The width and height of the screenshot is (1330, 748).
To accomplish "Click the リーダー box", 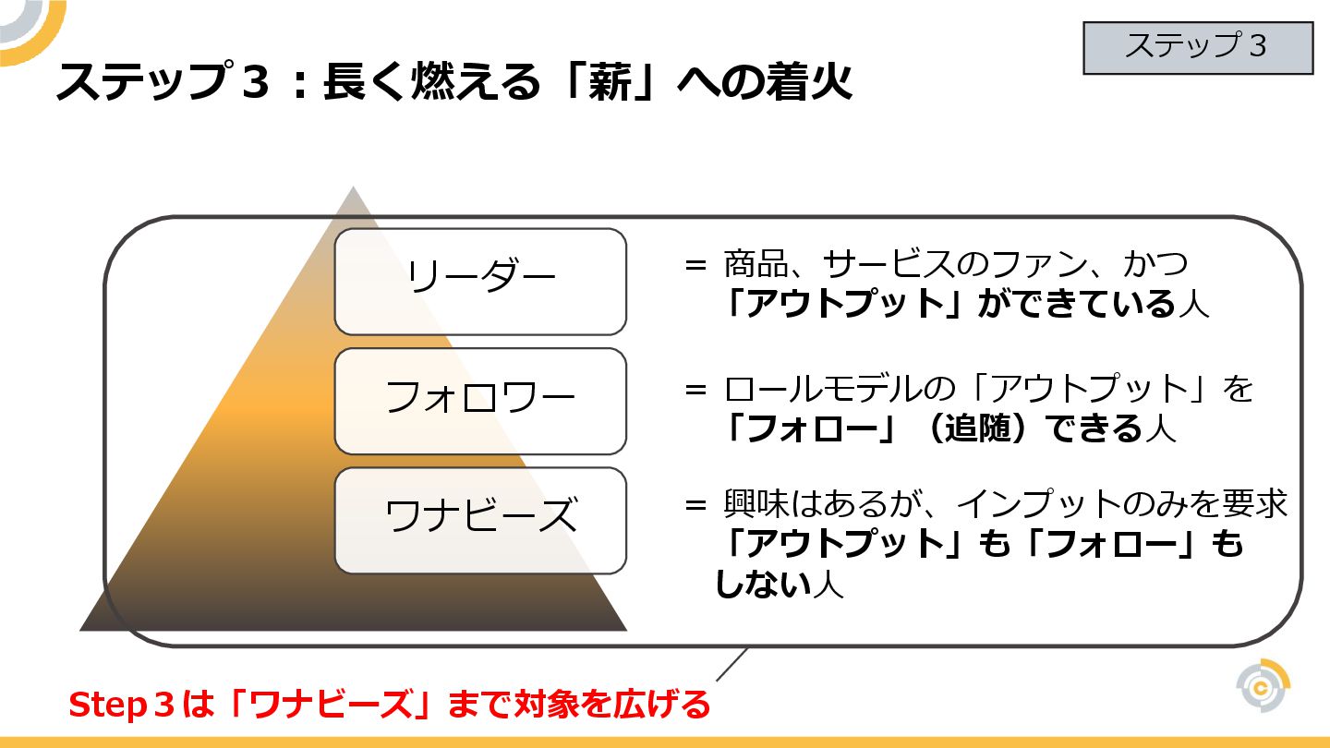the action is click(480, 281).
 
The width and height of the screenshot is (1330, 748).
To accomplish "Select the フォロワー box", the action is click(480, 401).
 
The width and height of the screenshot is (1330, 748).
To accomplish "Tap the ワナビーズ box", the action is click(480, 519).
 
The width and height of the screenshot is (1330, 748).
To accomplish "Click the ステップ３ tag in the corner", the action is click(1197, 47).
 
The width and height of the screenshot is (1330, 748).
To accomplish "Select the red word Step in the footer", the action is click(102, 706).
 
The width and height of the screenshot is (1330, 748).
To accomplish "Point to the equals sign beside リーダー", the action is click(695, 266).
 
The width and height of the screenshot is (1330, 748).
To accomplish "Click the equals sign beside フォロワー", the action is click(695, 390).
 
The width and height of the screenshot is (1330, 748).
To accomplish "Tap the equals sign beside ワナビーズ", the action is click(695, 506).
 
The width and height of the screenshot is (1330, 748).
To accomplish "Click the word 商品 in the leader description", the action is click(750, 266).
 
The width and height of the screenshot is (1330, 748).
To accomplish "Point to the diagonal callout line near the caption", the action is click(731, 664).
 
